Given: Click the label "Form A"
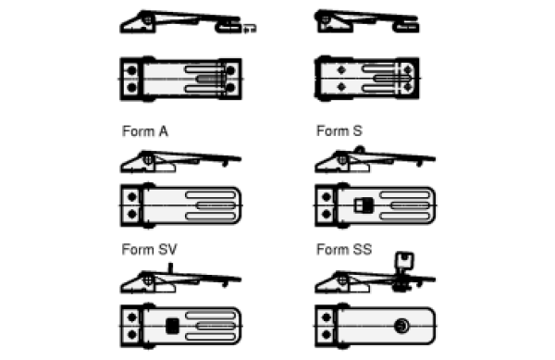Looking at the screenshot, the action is (x=145, y=131).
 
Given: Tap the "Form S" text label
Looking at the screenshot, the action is (x=339, y=131).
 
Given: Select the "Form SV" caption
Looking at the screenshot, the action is (x=149, y=250).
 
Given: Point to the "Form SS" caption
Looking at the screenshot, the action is (x=344, y=250).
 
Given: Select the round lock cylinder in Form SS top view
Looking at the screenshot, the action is (x=401, y=326).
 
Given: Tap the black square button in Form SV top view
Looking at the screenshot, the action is (x=172, y=326).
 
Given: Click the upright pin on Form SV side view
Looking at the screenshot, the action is (x=170, y=268).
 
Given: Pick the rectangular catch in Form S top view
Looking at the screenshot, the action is (x=364, y=205).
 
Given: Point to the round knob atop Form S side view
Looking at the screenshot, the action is (x=360, y=150).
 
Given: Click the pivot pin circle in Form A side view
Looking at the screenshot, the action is (x=148, y=160).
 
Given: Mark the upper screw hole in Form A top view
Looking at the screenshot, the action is (x=132, y=197).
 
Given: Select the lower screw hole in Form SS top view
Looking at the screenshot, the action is (x=327, y=334).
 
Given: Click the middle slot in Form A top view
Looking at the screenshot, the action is (x=216, y=205).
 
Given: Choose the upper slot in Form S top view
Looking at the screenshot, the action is (x=404, y=195).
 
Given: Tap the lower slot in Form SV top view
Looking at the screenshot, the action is (x=210, y=336).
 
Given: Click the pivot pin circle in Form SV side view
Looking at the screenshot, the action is (x=149, y=280).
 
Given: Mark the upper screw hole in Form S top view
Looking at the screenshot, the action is (x=327, y=197).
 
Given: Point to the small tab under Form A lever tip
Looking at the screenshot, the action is (x=225, y=164).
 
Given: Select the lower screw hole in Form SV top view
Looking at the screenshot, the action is (x=132, y=334).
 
